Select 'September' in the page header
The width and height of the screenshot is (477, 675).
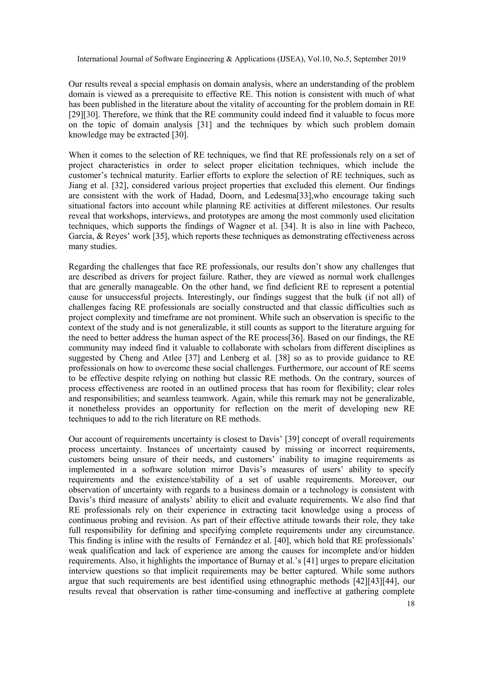pyautogui.click(x=371, y=59)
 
